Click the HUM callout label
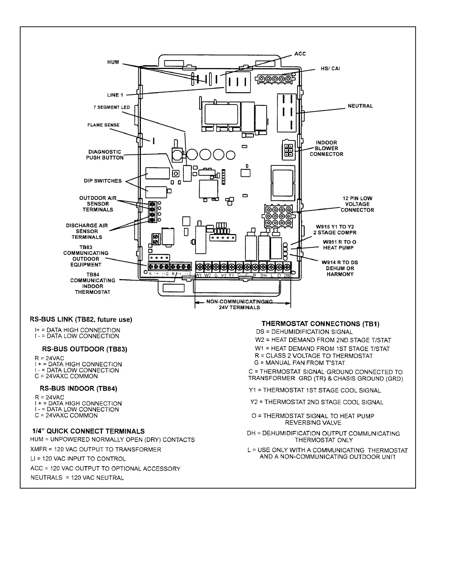point(113,62)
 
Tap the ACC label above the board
point(300,54)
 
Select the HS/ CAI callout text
point(330,69)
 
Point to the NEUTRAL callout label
point(360,106)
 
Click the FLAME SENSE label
point(103,125)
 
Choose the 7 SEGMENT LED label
point(112,107)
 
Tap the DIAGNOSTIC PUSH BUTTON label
point(105,155)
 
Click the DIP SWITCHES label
point(103,181)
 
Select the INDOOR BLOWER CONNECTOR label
point(326,149)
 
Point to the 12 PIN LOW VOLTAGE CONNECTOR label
point(357,204)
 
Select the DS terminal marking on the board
point(287,275)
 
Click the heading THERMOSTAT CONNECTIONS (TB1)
point(320,324)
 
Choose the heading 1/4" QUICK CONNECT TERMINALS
point(87,431)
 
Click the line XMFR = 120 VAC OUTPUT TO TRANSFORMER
point(96,450)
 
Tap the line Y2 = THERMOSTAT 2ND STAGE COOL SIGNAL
point(317,402)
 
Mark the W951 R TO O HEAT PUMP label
point(339,245)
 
